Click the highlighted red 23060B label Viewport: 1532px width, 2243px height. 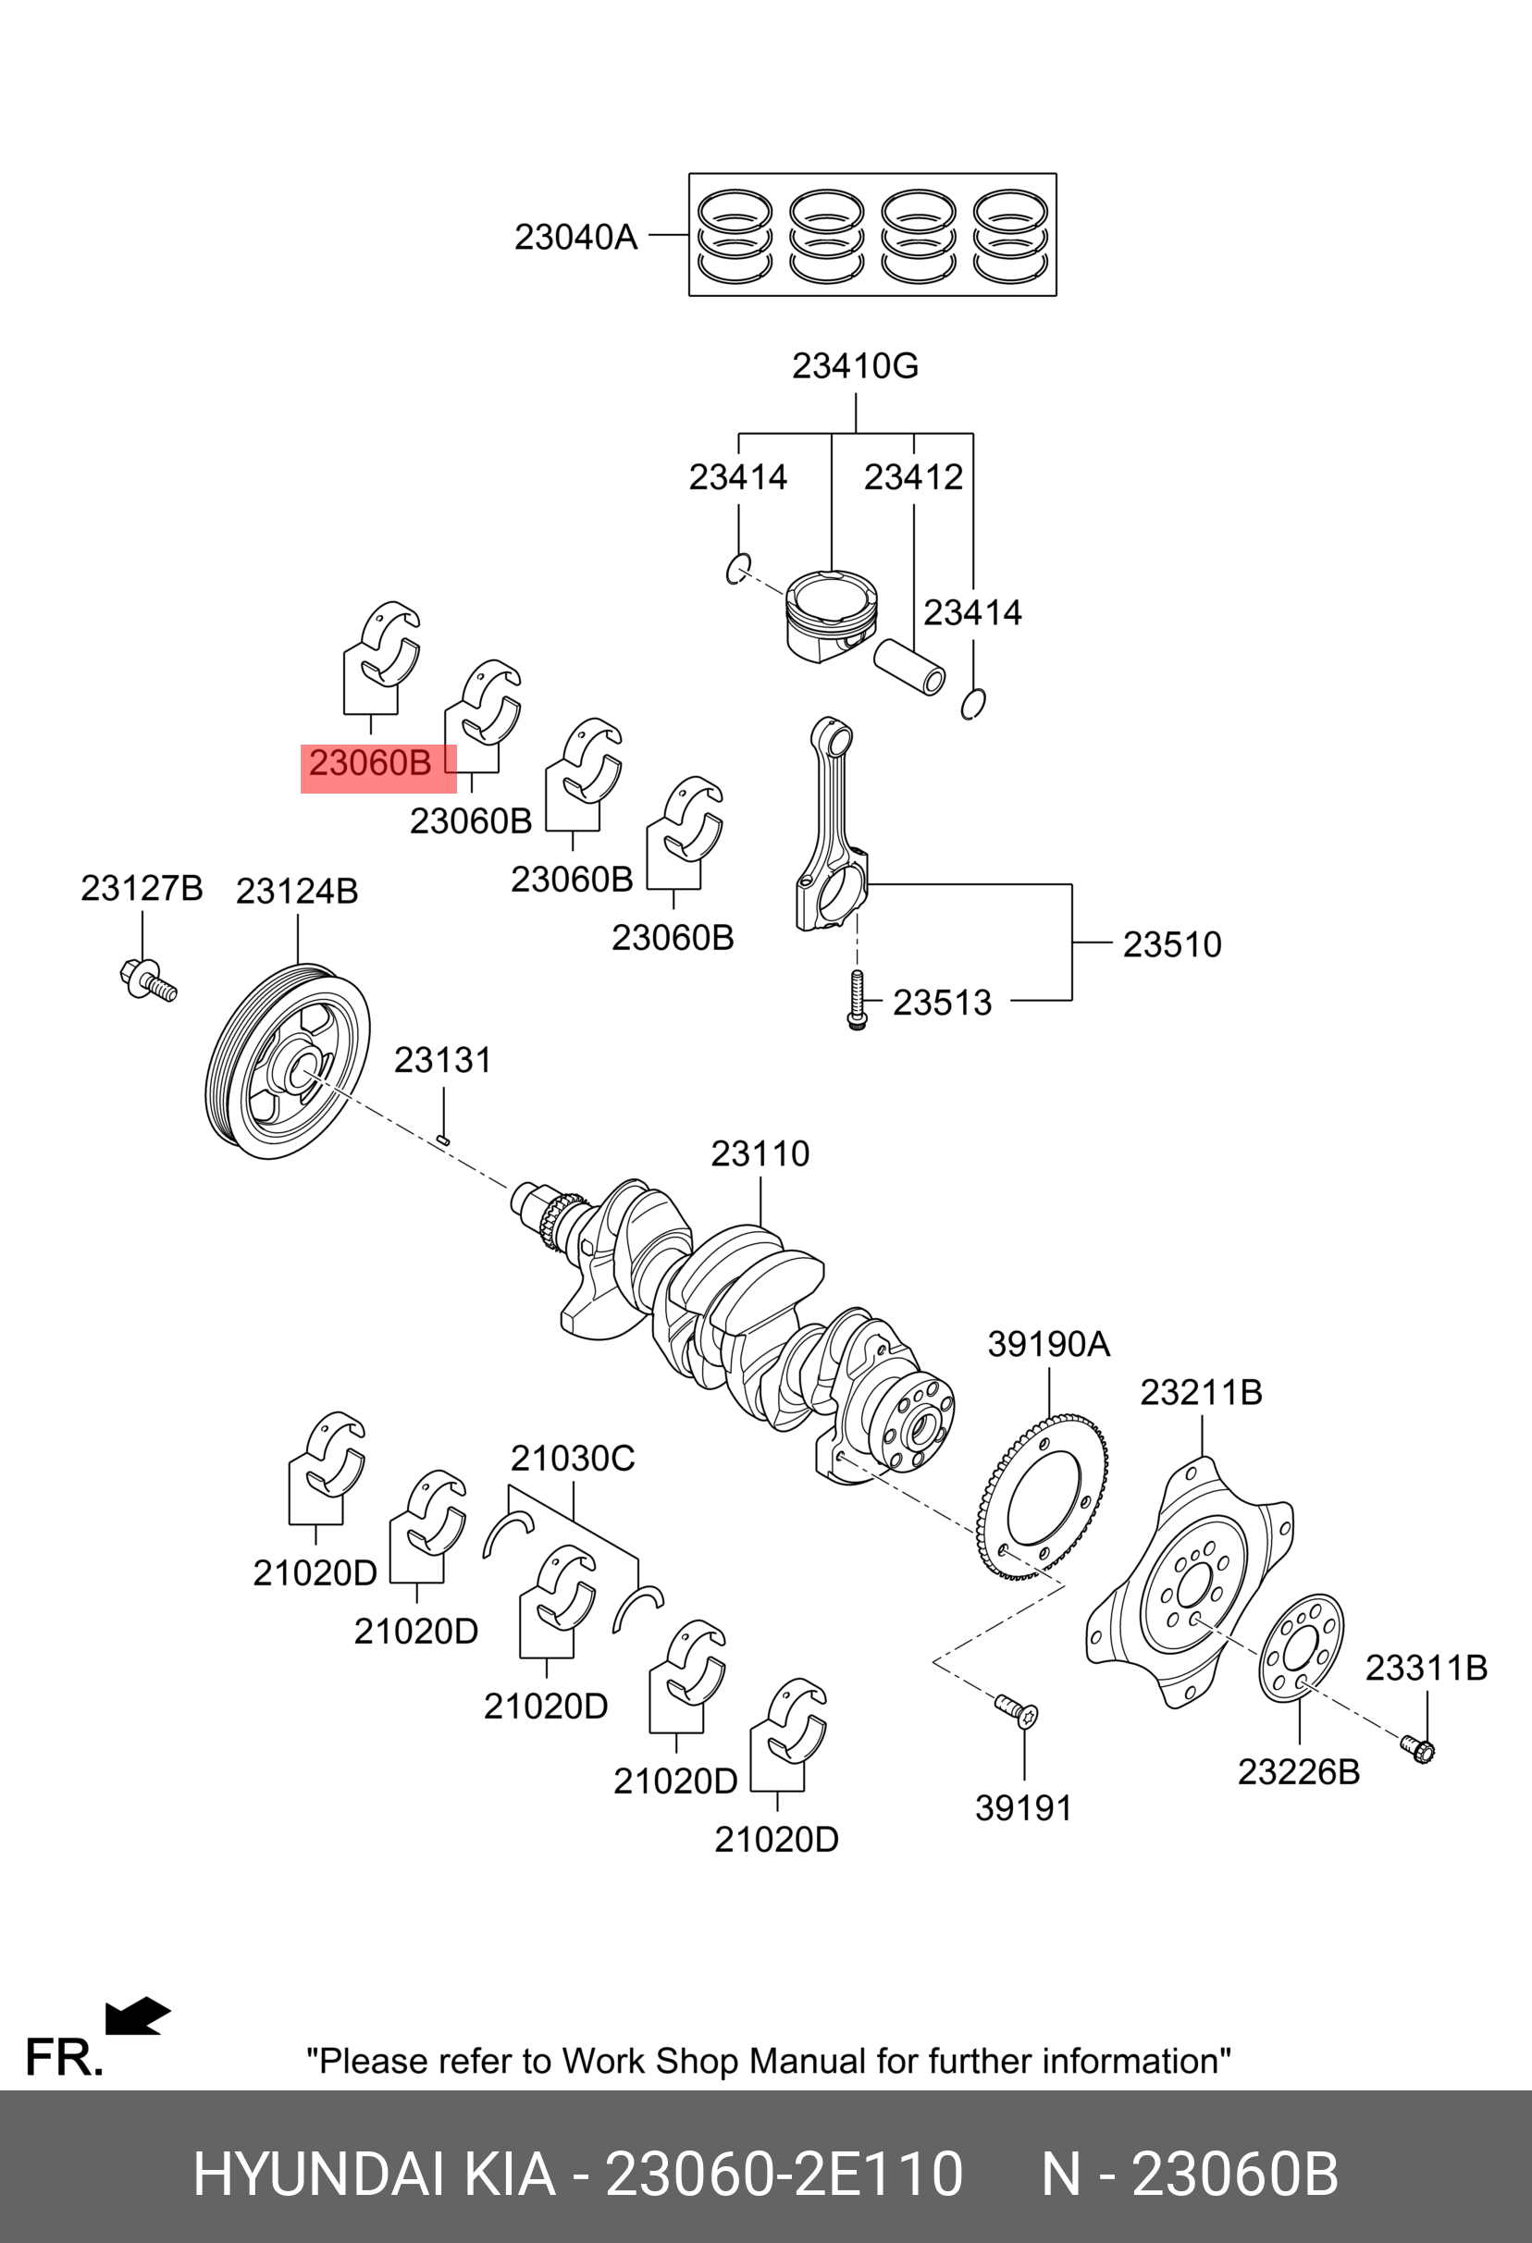point(371,763)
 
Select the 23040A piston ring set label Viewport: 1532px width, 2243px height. point(575,237)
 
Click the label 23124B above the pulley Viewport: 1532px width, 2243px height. point(296,891)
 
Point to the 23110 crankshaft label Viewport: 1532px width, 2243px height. point(760,1153)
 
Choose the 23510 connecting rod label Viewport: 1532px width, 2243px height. point(1172,944)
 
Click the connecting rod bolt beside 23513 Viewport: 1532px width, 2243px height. point(857,1001)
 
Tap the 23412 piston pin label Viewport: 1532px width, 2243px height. point(913,476)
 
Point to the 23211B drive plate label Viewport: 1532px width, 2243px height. point(1201,1392)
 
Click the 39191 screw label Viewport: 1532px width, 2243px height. point(1023,1807)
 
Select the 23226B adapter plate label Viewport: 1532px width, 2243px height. point(1298,1772)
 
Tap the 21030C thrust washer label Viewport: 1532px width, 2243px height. point(573,1459)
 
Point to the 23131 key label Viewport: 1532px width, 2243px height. point(443,1060)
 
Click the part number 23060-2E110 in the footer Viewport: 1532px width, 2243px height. point(783,2174)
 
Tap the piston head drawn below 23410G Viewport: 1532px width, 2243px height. point(831,613)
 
